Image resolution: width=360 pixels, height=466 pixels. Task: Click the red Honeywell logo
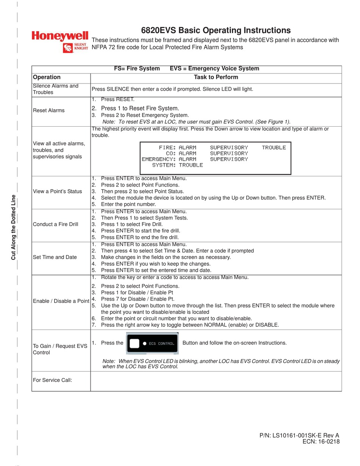click(x=60, y=36)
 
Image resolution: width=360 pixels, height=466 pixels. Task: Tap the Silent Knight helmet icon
click(x=68, y=48)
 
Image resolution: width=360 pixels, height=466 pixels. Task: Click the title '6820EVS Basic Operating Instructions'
click(x=216, y=30)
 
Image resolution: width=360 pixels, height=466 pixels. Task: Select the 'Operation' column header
click(x=47, y=77)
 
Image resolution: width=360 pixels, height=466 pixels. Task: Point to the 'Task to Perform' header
click(x=216, y=77)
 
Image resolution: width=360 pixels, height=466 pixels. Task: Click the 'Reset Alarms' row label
click(x=49, y=110)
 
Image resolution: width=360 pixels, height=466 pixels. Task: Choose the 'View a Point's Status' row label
click(x=57, y=191)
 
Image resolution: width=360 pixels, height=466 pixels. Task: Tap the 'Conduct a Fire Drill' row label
click(x=55, y=224)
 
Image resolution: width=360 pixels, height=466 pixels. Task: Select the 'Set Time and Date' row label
click(x=55, y=257)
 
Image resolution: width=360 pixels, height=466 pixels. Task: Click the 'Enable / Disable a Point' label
click(x=61, y=301)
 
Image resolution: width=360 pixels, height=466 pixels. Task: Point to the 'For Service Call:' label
click(x=52, y=380)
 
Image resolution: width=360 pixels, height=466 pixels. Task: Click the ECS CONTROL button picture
click(x=152, y=343)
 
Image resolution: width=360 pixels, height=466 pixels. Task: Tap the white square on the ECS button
click(x=135, y=343)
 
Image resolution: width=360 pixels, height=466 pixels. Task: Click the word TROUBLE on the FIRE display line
click(x=274, y=147)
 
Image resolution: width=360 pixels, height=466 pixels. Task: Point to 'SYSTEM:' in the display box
click(x=164, y=165)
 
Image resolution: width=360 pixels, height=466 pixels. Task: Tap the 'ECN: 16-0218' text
click(x=321, y=442)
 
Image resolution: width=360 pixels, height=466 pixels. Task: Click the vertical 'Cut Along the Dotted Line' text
click(x=13, y=227)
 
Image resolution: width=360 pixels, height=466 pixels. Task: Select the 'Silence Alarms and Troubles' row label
click(x=55, y=89)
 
